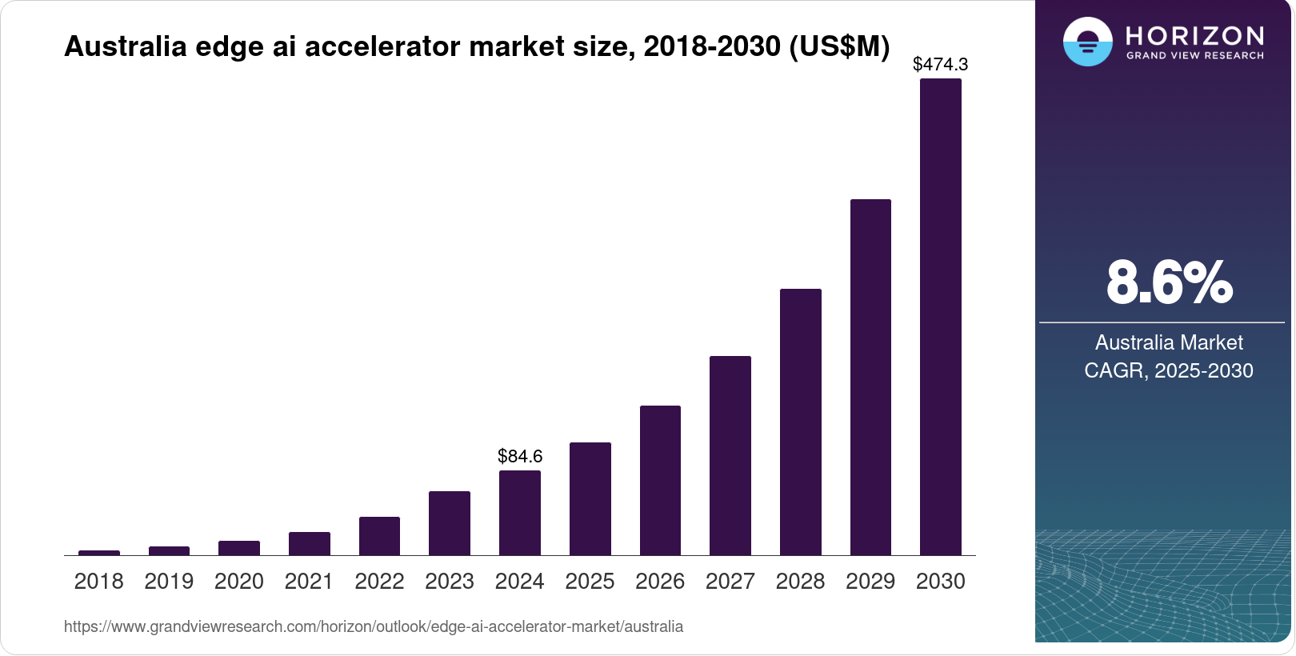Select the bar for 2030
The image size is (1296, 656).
tap(940, 317)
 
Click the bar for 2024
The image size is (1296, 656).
tap(520, 513)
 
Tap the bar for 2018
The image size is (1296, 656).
tap(99, 552)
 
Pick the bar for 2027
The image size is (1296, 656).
tap(730, 455)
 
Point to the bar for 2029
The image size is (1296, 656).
tap(870, 377)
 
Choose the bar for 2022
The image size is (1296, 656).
tap(379, 536)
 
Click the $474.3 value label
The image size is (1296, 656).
tap(940, 64)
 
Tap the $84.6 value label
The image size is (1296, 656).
tap(520, 456)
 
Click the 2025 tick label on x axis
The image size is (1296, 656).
tap(590, 582)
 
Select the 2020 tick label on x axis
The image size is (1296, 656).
tap(239, 582)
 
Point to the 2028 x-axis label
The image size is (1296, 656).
tap(800, 582)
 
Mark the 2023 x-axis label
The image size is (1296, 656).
tap(450, 582)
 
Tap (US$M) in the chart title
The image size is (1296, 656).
tap(839, 46)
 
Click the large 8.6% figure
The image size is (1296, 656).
tap(1169, 282)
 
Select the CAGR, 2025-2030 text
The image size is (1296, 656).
tap(1169, 370)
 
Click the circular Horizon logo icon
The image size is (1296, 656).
tap(1087, 42)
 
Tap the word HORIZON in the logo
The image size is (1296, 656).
tap(1195, 35)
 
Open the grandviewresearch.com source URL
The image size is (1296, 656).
tap(374, 626)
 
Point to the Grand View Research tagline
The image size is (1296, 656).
tap(1195, 56)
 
